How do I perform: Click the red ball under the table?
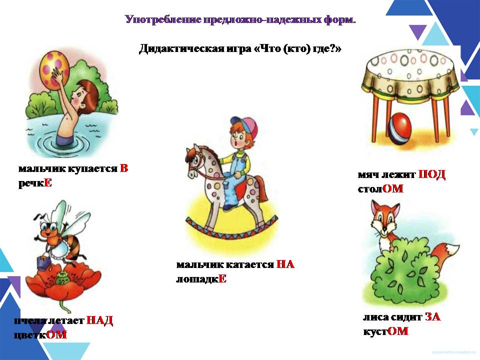coord(400,128)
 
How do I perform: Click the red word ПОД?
coord(431,174)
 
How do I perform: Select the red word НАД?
coord(100,320)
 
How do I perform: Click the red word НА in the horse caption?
coord(285,264)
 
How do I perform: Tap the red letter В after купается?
coord(123,168)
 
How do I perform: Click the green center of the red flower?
coord(63,278)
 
